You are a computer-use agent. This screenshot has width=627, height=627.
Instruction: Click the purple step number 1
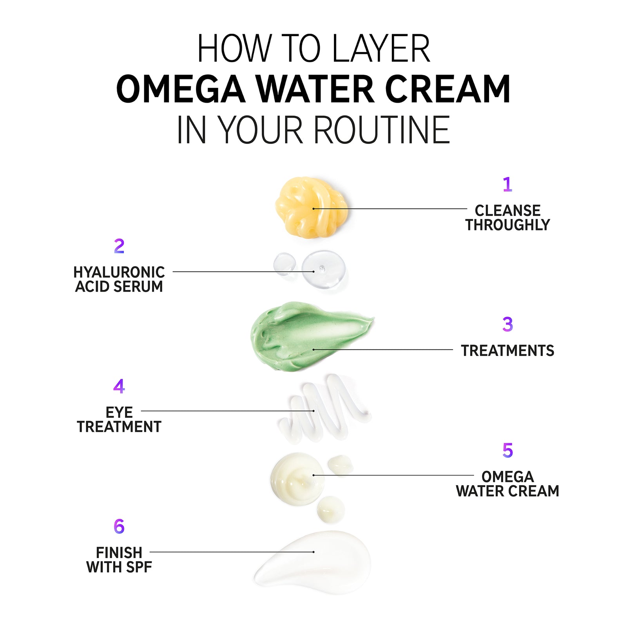click(507, 184)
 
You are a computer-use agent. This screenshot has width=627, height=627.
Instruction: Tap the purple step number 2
click(119, 246)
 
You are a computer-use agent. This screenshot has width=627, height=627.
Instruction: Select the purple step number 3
click(507, 324)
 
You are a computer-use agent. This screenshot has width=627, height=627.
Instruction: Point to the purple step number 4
click(119, 386)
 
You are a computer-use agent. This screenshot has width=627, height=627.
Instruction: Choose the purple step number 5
click(507, 450)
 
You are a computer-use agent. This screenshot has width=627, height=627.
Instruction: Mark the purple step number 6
click(119, 526)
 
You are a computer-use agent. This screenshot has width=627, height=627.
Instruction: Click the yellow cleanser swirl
click(311, 207)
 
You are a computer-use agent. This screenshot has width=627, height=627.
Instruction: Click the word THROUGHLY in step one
click(507, 225)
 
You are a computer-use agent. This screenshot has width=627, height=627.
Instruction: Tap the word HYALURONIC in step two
click(119, 272)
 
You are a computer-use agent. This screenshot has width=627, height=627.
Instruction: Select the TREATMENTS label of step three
click(507, 351)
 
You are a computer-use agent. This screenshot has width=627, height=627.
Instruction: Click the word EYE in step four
click(119, 412)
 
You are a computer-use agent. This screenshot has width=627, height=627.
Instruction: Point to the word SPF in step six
click(137, 567)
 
